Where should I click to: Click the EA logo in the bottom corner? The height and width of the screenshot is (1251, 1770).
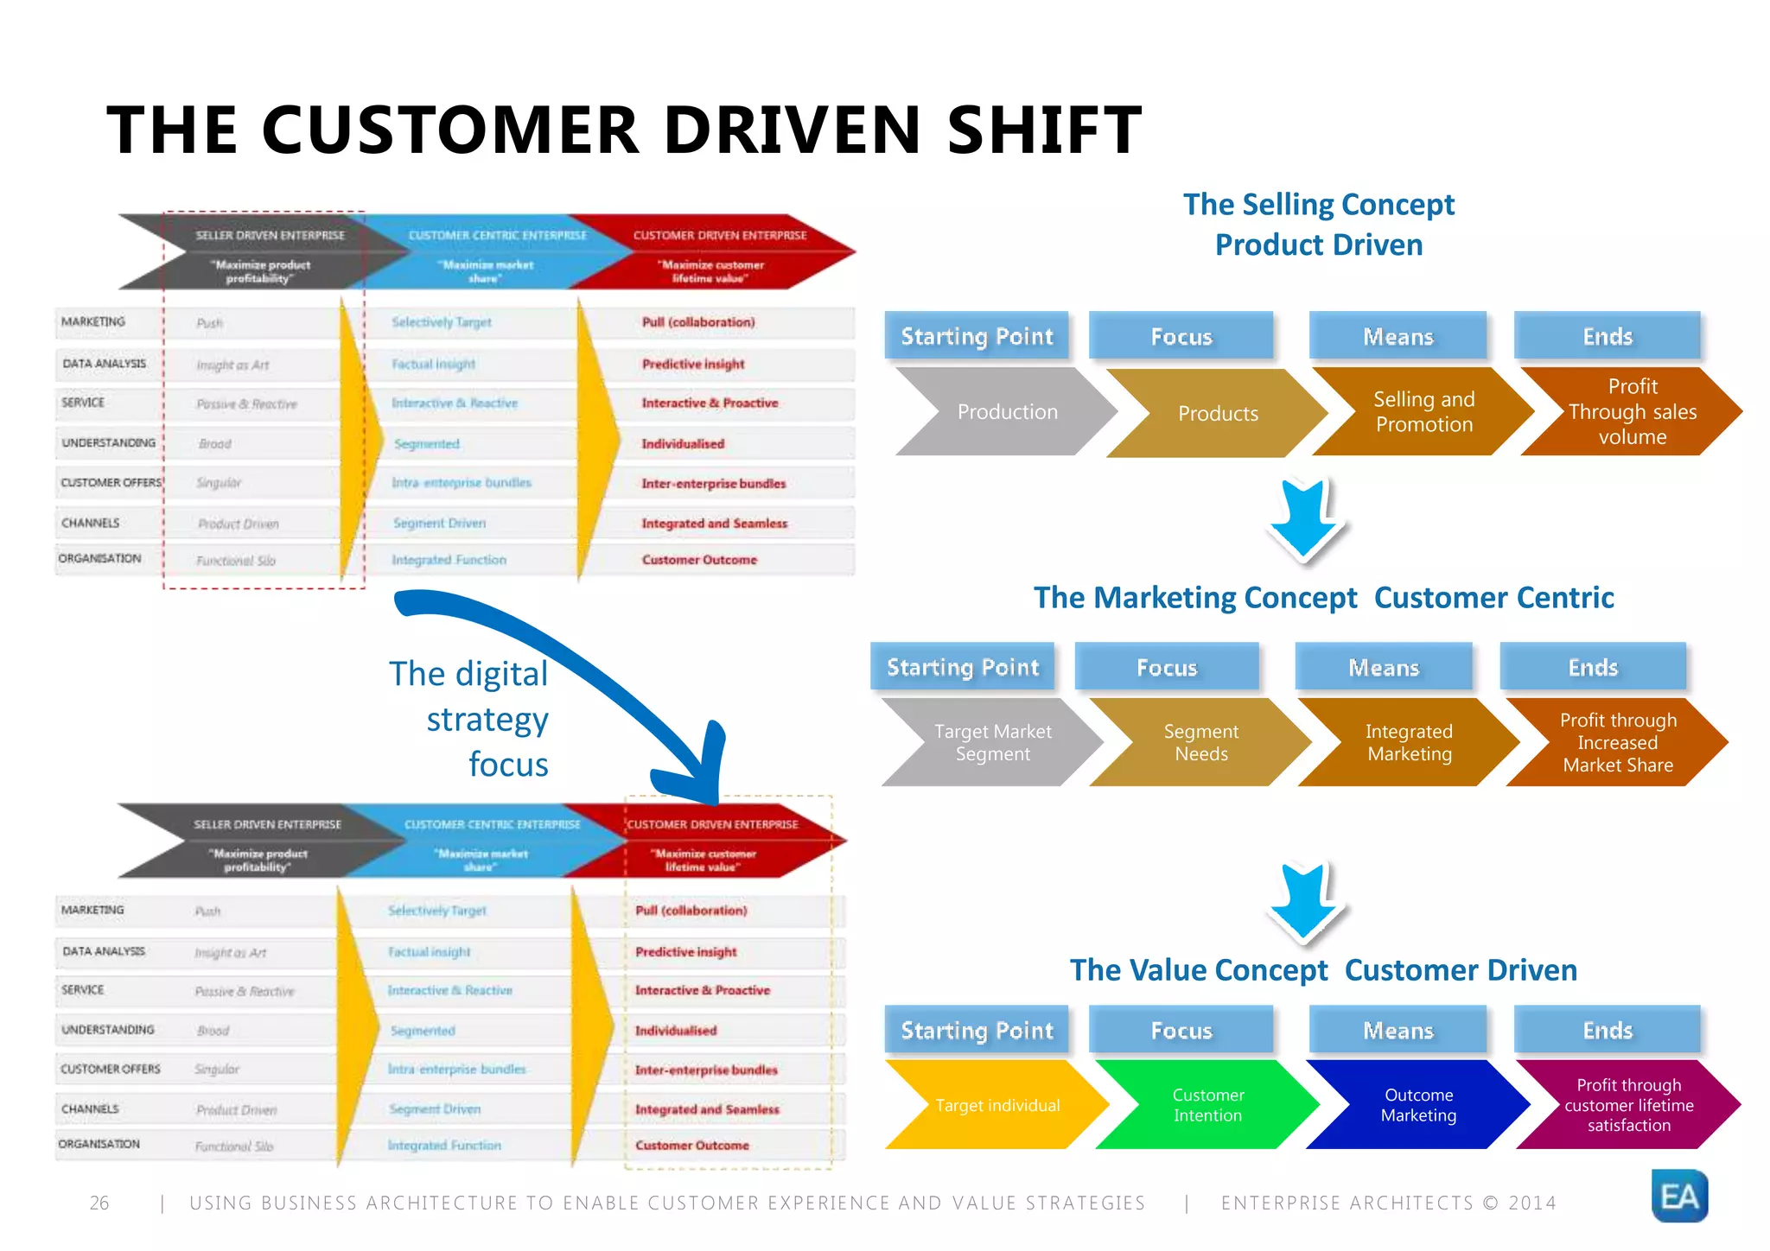(x=1678, y=1196)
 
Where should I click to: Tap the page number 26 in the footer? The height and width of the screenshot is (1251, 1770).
(x=99, y=1203)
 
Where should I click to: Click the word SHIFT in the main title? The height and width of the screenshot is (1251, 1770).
(x=1044, y=130)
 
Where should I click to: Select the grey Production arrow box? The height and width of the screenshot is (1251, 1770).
(x=1006, y=412)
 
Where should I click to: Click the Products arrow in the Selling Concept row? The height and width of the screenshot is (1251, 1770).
(x=1217, y=414)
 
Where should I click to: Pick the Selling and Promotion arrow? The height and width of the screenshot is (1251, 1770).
(x=1423, y=412)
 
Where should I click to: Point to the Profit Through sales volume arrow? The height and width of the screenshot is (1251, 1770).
(x=1631, y=412)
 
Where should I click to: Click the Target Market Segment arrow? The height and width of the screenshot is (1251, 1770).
(x=992, y=743)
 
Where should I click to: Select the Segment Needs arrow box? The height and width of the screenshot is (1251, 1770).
(x=1200, y=743)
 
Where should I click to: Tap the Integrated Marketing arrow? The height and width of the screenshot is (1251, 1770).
(x=1409, y=743)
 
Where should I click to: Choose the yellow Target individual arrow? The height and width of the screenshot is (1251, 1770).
(x=996, y=1105)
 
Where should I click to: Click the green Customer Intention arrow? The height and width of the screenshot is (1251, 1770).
(x=1207, y=1105)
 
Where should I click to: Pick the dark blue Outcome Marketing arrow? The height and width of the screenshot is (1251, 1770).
(x=1418, y=1105)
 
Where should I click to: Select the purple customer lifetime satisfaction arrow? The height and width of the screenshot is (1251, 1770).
(x=1628, y=1105)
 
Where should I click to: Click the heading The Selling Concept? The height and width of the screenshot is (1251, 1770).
(x=1318, y=205)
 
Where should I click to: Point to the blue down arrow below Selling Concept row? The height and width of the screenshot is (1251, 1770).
(x=1304, y=518)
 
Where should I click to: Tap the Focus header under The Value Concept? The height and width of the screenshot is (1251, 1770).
(x=1181, y=1030)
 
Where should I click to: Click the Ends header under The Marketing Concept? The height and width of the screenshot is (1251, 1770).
(x=1592, y=667)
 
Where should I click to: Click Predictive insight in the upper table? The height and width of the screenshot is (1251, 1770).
(x=692, y=365)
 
